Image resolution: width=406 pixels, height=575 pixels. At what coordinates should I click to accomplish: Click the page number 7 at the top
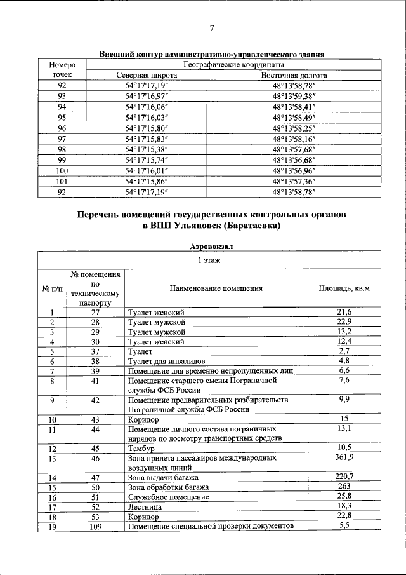tap(212, 28)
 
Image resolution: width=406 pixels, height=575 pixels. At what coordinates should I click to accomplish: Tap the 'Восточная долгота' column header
tap(294, 75)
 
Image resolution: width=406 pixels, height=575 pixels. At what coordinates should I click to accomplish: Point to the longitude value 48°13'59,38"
tap(294, 96)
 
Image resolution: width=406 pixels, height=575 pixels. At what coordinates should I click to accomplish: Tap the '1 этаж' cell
tap(209, 260)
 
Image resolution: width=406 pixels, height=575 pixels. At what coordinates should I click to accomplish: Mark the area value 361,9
tap(344, 457)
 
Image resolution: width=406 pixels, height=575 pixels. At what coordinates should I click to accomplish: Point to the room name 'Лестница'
tap(145, 508)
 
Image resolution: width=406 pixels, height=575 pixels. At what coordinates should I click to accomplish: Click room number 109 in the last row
tap(96, 527)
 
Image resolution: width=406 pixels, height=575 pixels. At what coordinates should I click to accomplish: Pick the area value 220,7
tap(344, 477)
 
